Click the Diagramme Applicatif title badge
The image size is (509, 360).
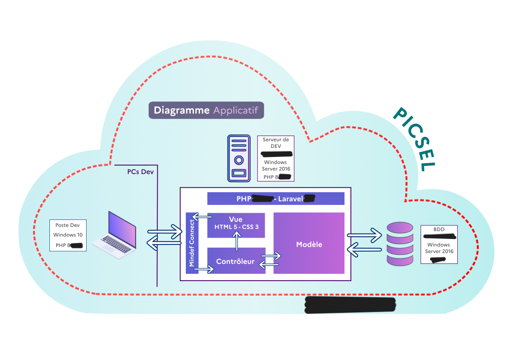pyautogui.click(x=206, y=110)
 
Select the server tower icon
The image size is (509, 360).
pyautogui.click(x=238, y=158)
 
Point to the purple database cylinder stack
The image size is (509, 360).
pyautogui.click(x=400, y=243)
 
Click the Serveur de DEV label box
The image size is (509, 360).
pyautogui.click(x=276, y=158)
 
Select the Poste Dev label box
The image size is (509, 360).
pyautogui.click(x=68, y=235)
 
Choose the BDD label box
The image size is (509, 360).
pyautogui.click(x=439, y=244)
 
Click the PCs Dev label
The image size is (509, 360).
pyautogui.click(x=141, y=172)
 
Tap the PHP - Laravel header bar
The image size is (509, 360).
pyautogui.click(x=276, y=199)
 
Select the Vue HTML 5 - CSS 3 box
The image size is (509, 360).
pyautogui.click(x=236, y=225)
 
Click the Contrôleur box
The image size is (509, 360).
pyautogui.click(x=236, y=261)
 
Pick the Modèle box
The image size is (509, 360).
pyautogui.click(x=309, y=244)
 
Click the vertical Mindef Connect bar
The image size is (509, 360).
pyautogui.click(x=192, y=243)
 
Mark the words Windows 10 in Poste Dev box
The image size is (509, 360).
pyautogui.click(x=68, y=235)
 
